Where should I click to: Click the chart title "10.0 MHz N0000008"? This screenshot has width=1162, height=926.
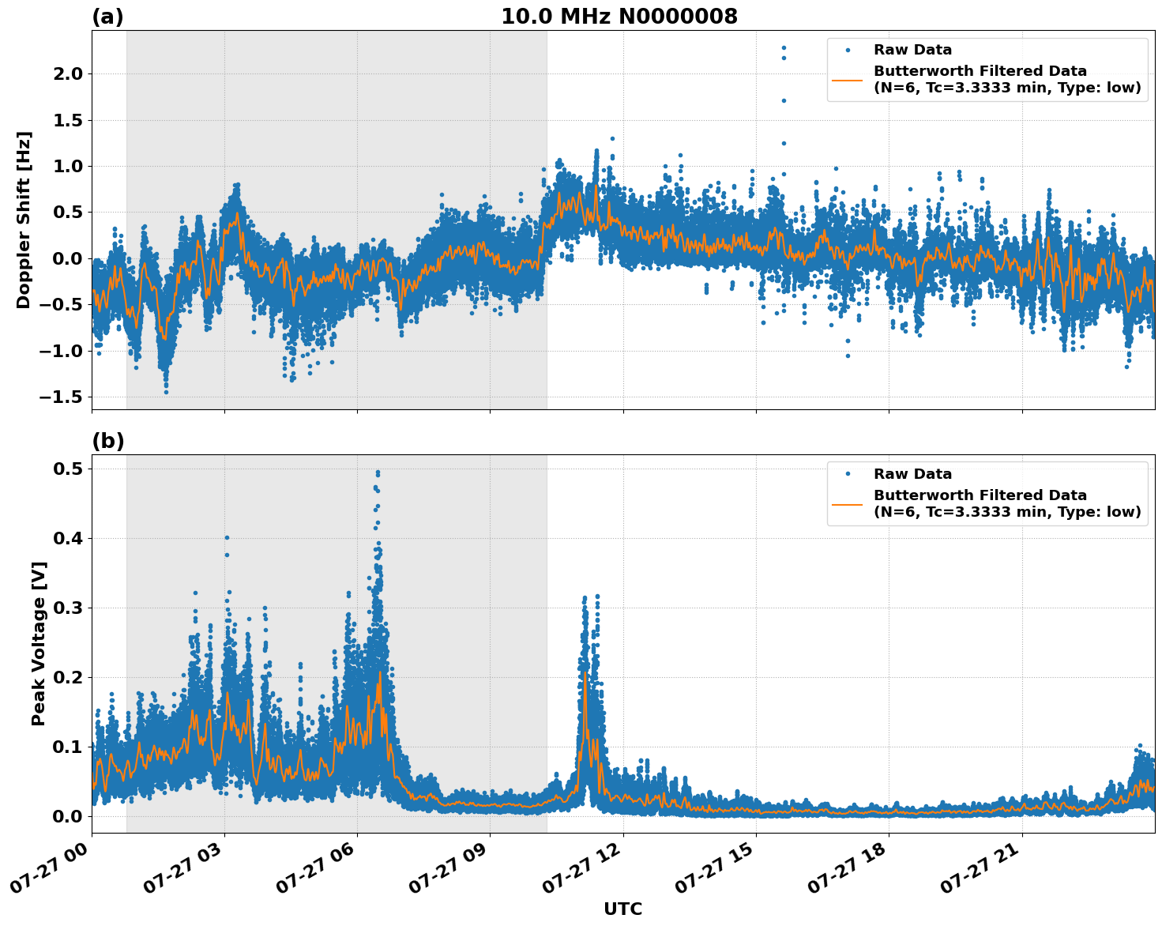coord(619,17)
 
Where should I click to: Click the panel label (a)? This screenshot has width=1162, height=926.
coord(107,17)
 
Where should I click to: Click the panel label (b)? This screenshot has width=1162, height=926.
coord(107,441)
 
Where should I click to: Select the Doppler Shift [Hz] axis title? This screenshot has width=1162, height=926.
coord(24,220)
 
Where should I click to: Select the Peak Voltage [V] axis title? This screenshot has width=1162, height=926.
coord(39,643)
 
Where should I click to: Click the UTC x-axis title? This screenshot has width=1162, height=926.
coord(622,909)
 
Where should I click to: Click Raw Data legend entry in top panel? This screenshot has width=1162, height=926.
coord(912,51)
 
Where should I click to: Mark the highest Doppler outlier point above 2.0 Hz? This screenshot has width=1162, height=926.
coord(784,47)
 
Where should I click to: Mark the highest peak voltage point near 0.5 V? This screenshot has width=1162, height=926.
coord(378,472)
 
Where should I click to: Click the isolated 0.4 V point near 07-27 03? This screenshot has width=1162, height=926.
coord(227,537)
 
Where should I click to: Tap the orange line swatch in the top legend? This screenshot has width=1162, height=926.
coord(848,80)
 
